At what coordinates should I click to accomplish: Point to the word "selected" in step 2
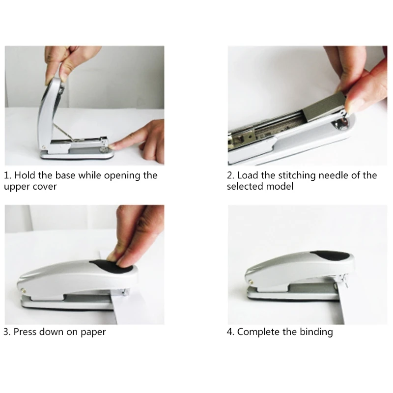pos(245,187)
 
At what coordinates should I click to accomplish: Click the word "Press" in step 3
pos(26,332)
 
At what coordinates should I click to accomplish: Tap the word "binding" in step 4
pos(315,332)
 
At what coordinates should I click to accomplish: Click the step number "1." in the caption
pos(8,176)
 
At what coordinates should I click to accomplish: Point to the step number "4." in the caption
pos(231,332)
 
